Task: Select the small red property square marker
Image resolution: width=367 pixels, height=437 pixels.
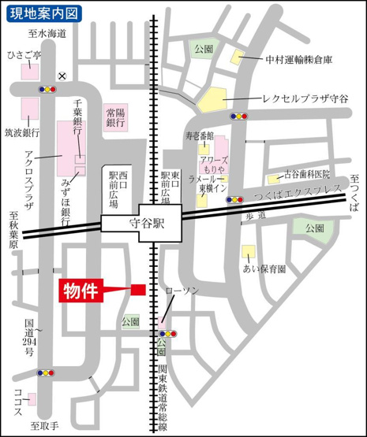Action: click(138, 290)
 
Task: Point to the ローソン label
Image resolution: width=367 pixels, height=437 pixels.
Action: click(182, 291)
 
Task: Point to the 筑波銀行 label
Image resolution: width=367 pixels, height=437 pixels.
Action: click(21, 131)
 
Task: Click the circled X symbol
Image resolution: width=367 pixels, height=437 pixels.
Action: click(62, 76)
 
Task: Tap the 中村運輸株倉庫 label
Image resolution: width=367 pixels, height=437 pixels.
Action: click(299, 58)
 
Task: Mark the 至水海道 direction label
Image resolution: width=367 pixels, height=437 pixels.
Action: click(47, 34)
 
